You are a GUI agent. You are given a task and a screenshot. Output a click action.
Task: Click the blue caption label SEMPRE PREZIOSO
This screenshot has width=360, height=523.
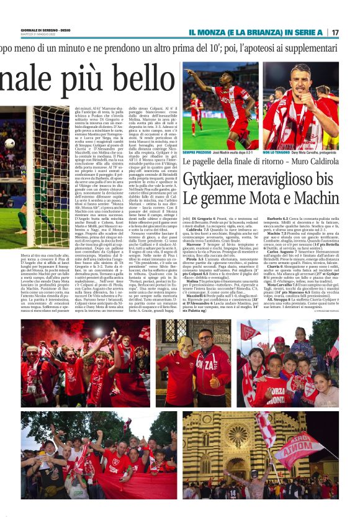tap(197, 152)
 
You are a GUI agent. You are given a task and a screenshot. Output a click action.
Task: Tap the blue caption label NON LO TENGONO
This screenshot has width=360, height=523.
tap(278, 152)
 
